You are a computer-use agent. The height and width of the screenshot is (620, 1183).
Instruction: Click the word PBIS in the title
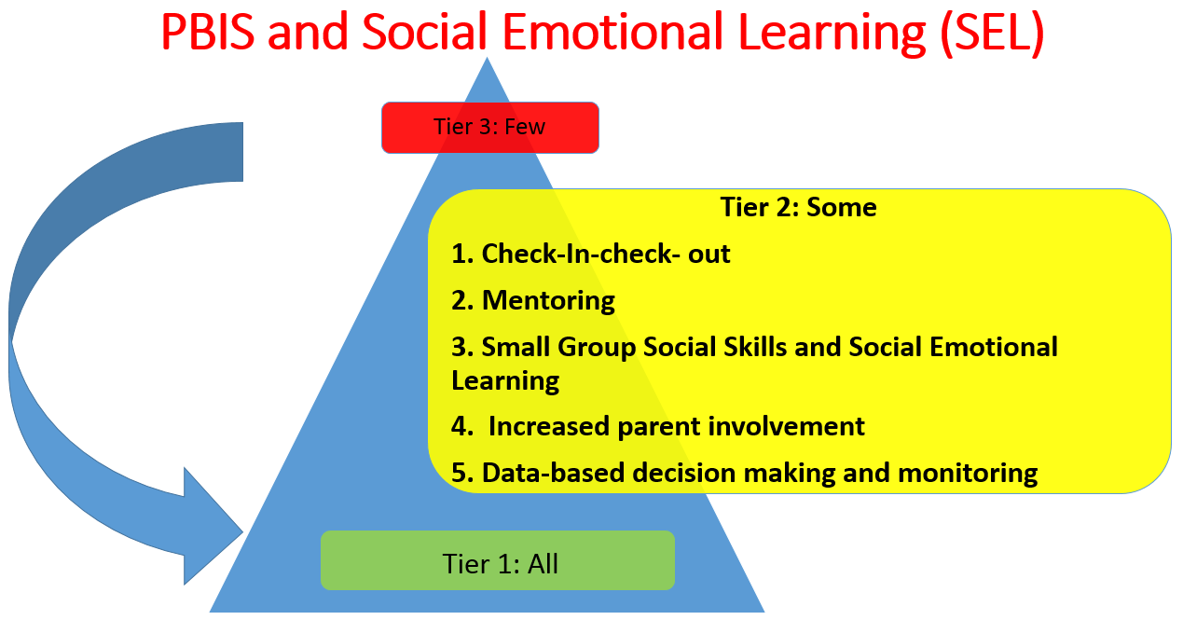coord(208,32)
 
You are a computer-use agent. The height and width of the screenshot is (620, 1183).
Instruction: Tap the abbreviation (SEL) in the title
coord(991,33)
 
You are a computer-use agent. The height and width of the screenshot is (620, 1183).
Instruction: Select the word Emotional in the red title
coord(613,32)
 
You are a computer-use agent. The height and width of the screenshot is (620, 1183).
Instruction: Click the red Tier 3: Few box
coord(490,128)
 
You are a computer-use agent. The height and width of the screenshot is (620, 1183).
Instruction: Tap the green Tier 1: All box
coord(498,560)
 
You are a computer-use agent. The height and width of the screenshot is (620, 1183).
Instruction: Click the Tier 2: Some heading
coord(799,207)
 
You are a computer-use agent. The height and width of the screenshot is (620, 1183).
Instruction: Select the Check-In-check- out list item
coord(590,254)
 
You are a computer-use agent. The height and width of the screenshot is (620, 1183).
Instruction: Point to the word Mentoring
coord(548,300)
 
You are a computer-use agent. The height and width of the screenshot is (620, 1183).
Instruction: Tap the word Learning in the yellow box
coord(505,381)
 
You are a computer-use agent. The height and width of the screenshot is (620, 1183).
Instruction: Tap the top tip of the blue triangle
coord(487,58)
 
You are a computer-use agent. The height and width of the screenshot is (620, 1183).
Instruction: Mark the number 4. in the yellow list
coord(462,427)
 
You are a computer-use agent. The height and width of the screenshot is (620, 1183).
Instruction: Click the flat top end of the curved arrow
coord(242,152)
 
